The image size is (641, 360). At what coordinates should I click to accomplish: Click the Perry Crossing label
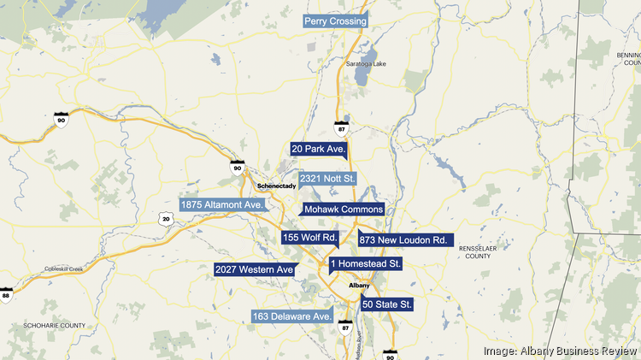(336, 21)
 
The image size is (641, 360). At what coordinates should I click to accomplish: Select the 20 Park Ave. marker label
(318, 149)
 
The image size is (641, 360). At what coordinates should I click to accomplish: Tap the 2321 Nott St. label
(327, 179)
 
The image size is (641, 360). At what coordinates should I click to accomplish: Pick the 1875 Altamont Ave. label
(222, 205)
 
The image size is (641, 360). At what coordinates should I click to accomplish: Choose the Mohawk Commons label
(344, 210)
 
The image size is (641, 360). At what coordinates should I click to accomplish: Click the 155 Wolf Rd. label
(310, 237)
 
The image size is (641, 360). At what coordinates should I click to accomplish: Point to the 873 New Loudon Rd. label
(403, 240)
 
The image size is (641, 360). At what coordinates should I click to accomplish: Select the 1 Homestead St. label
(365, 264)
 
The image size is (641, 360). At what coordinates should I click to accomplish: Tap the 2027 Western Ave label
(255, 270)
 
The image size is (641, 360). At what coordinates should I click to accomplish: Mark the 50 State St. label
(387, 304)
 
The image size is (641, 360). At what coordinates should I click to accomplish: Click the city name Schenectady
(276, 186)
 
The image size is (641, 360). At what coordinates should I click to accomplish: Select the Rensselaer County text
(474, 251)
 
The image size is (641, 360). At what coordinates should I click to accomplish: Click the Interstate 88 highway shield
(5, 294)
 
